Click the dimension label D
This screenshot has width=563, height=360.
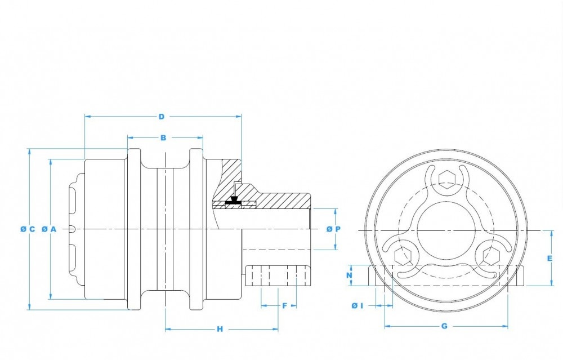[x=162, y=117]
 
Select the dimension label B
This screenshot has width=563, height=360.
[x=163, y=137]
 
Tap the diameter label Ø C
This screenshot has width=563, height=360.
[x=28, y=229]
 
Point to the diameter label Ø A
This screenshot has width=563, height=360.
[x=50, y=229]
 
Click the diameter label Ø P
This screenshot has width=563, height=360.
[x=334, y=229]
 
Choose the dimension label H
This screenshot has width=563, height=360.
[x=220, y=329]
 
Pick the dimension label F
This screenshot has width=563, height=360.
[x=285, y=306]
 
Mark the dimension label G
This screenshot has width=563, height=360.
[x=444, y=326]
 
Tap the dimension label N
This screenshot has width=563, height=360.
[x=350, y=275]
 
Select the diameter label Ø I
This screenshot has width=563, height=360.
[x=358, y=305]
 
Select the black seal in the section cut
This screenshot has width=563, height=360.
[x=234, y=201]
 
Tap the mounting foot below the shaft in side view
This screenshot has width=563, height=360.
[x=278, y=275]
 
